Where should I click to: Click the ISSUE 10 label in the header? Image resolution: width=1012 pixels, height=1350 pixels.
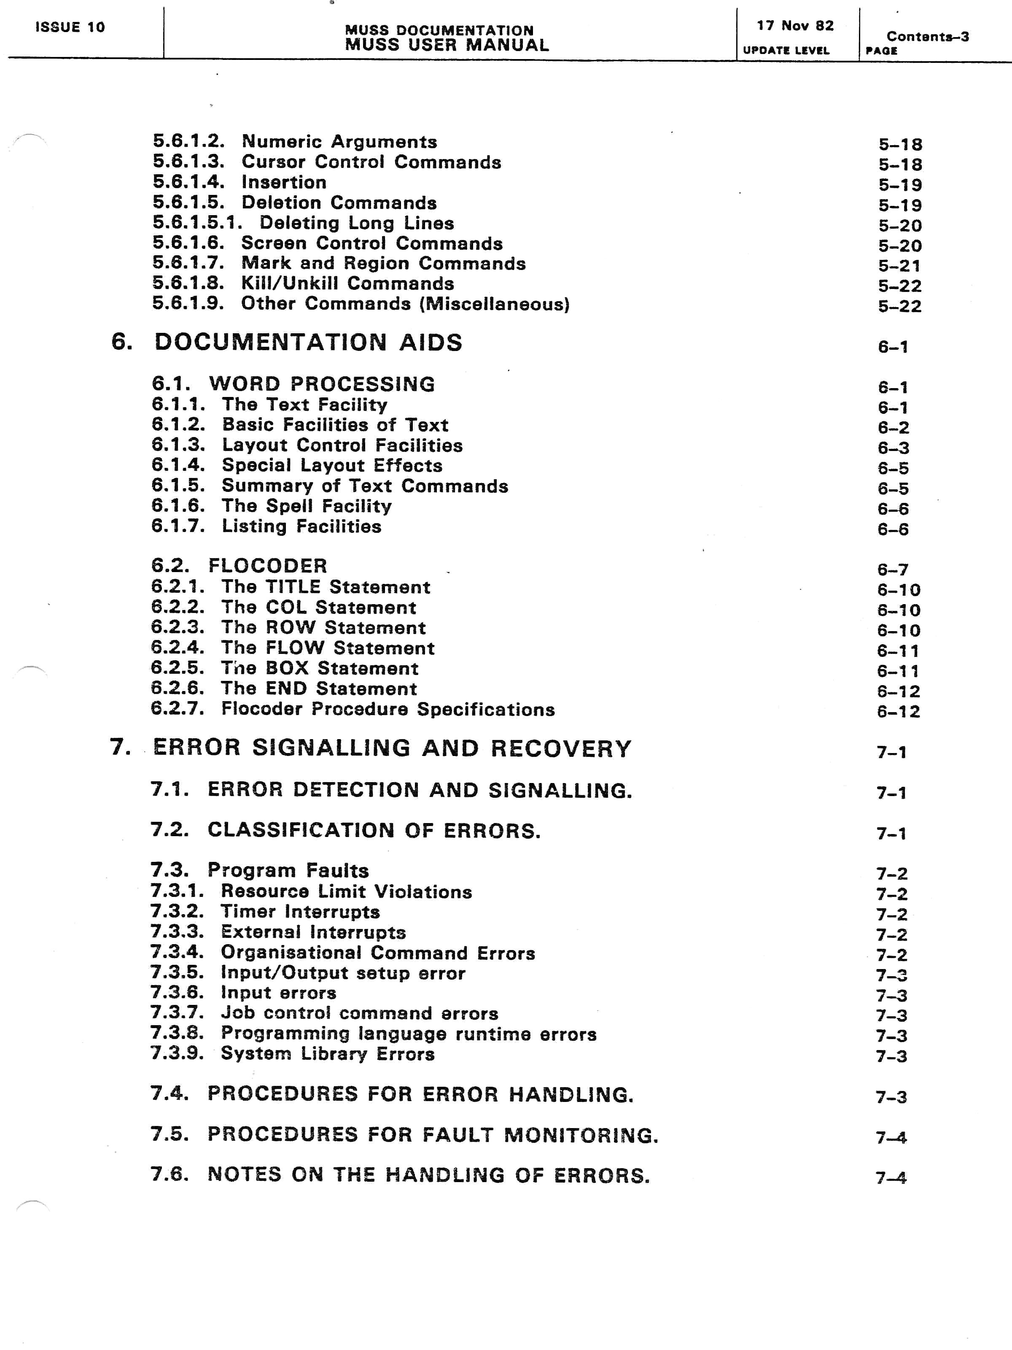(x=70, y=27)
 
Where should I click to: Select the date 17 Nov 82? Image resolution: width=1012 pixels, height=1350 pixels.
(x=795, y=26)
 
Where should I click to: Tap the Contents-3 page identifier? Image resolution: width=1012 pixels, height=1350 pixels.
(x=927, y=37)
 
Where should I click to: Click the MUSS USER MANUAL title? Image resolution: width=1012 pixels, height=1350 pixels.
(x=447, y=45)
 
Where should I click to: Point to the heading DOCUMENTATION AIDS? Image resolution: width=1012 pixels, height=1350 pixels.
(x=308, y=343)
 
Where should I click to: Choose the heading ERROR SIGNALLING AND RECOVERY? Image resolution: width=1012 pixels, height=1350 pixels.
(x=392, y=748)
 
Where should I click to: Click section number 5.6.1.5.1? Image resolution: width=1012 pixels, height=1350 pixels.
(x=197, y=223)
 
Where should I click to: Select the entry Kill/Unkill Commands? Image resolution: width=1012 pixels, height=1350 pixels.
(x=347, y=284)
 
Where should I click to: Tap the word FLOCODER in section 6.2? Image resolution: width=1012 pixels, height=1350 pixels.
(x=268, y=566)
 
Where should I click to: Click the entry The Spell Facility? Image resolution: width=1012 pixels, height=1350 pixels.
(x=306, y=506)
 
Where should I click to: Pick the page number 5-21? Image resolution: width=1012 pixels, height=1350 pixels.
(x=900, y=266)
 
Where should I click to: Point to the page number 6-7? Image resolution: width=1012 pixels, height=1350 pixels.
(x=892, y=570)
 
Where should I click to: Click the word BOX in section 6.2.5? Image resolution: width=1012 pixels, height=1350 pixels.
(x=287, y=668)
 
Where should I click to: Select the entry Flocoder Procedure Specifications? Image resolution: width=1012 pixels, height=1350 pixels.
(x=388, y=709)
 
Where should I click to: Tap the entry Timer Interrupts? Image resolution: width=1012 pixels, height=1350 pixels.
(x=300, y=912)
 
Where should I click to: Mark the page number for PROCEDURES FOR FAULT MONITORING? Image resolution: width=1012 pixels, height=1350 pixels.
(x=891, y=1138)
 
